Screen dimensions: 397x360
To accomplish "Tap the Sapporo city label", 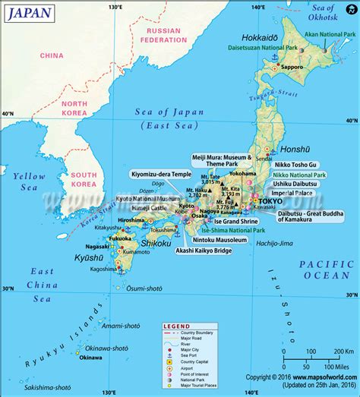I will [292, 67].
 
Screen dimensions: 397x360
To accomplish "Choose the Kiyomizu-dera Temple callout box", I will [160, 173].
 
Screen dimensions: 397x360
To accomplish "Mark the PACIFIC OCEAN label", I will [326, 269].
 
